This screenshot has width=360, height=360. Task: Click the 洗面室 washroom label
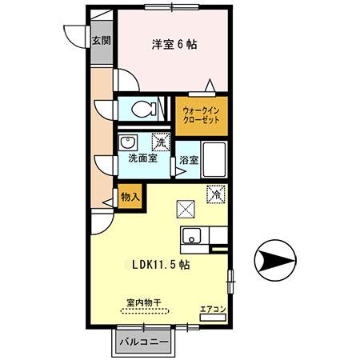click(142, 158)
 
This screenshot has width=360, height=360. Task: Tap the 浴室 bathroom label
click(189, 159)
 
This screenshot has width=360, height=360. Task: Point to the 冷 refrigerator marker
click(215, 193)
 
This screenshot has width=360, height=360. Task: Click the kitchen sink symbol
click(193, 235)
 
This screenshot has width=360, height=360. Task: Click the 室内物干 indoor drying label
click(143, 304)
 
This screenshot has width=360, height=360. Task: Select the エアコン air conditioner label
click(213, 309)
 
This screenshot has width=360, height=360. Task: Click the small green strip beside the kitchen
click(218, 249)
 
